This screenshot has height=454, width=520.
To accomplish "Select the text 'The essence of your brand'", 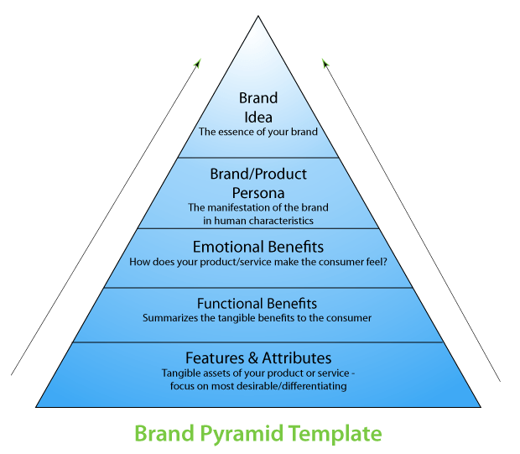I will pyautogui.click(x=257, y=132).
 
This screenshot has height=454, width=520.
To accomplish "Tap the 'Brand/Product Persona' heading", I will pyautogui.click(x=257, y=182).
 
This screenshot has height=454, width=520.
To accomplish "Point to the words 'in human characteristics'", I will pyautogui.click(x=257, y=220).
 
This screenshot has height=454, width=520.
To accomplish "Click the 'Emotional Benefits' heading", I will pyautogui.click(x=257, y=248).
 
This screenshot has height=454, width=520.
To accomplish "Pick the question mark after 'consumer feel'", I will pyautogui.click(x=383, y=261).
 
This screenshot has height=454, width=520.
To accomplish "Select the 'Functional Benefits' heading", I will pyautogui.click(x=257, y=303).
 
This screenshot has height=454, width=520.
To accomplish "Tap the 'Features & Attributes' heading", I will pyautogui.click(x=257, y=357).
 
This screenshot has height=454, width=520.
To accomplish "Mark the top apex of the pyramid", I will pyautogui.click(x=259, y=17).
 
